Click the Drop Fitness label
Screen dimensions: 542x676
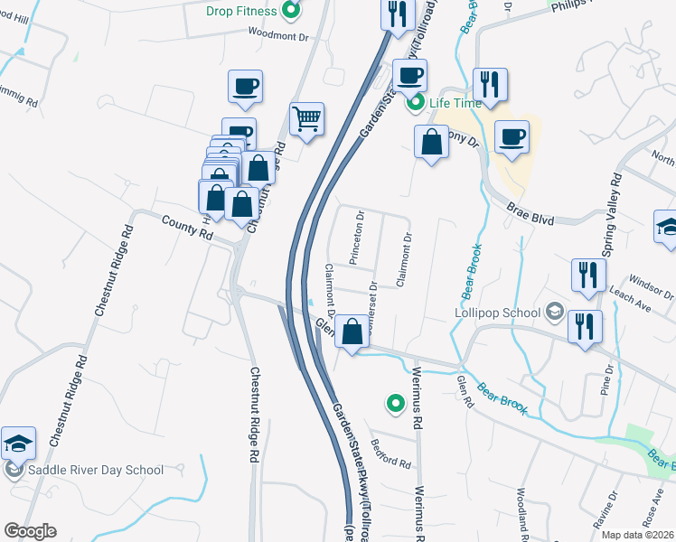point(239,10)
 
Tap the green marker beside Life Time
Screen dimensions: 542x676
point(416,102)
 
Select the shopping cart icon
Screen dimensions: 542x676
point(306,117)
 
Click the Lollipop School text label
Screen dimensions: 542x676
point(498,313)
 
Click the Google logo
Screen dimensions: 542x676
point(29,531)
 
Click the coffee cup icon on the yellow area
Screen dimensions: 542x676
point(512,136)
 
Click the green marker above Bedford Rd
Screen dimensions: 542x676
point(394,404)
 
